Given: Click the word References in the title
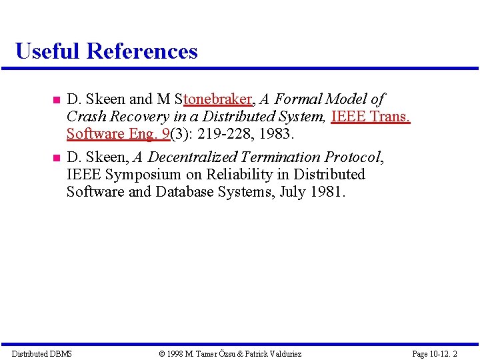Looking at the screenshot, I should tap(142, 51).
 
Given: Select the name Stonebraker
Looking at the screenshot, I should tap(213, 99).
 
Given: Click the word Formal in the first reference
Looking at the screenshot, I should tap(297, 99).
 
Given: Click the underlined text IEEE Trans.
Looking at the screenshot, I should tap(371, 117).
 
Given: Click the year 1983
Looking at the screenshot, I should tap(276, 134).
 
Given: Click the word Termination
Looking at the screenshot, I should tap(281, 157).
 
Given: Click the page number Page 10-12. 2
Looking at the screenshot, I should tap(435, 353).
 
